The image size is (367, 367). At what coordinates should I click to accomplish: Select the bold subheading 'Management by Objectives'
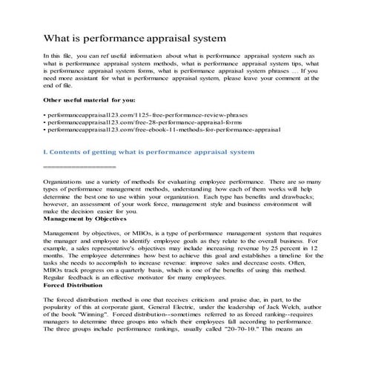click(85, 219)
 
